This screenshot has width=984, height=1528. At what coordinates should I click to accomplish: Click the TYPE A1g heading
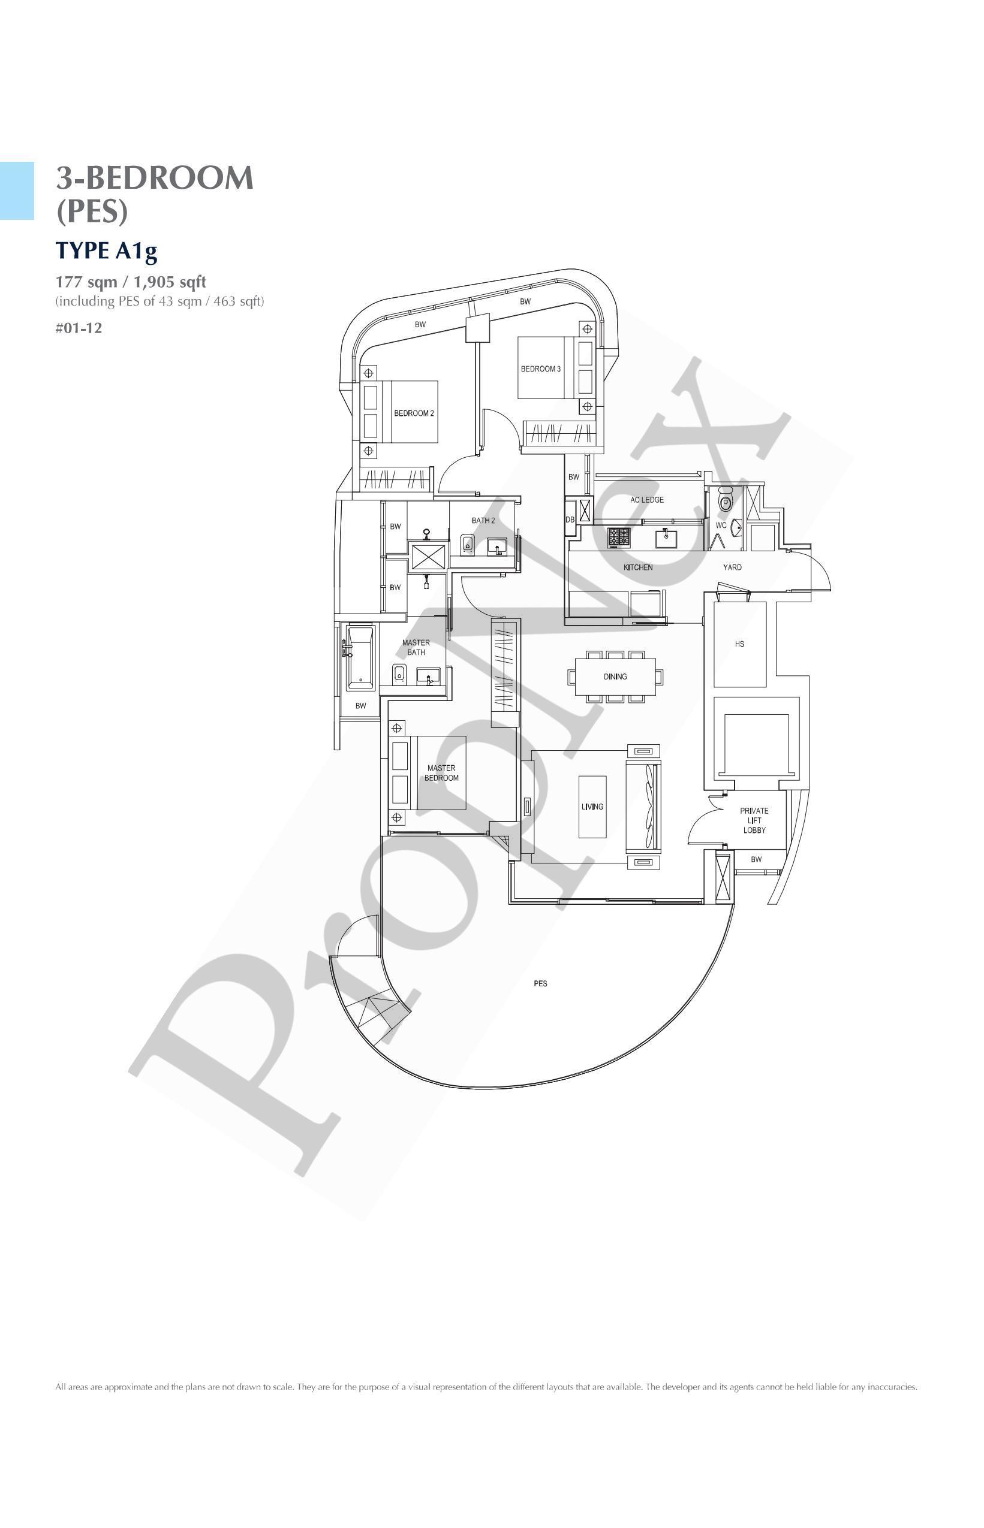[x=106, y=250]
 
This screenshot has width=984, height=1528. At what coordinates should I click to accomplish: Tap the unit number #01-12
[x=79, y=328]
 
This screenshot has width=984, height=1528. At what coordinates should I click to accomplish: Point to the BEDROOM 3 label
[x=540, y=369]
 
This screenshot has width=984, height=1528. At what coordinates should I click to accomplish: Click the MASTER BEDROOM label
[x=441, y=772]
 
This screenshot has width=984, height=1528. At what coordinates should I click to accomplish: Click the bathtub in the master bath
[x=360, y=658]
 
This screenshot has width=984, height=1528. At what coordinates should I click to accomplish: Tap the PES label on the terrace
[x=540, y=983]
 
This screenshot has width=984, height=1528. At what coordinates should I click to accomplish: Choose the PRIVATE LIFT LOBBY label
[x=754, y=820]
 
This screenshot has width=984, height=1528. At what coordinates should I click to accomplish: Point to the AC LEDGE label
[x=646, y=500]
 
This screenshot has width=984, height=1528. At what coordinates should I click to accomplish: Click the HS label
[x=739, y=644]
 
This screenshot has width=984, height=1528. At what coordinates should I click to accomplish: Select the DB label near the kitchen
[x=570, y=520]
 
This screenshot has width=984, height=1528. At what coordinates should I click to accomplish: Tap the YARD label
[x=732, y=567]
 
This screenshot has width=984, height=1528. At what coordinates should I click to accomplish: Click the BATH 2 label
[x=483, y=520]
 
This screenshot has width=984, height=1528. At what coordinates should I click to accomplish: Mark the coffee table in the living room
[x=592, y=807]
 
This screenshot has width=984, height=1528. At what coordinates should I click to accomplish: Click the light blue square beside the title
[x=17, y=191]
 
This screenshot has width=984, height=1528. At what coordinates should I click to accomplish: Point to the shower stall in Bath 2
[x=428, y=556]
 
